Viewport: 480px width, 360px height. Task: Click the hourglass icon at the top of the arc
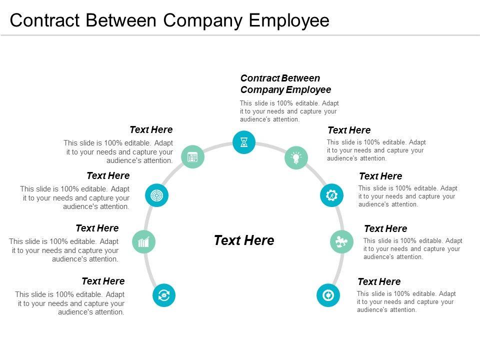[x=244, y=142]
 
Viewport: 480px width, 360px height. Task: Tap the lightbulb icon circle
[x=296, y=157]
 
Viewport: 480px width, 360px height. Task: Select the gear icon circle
[x=331, y=195]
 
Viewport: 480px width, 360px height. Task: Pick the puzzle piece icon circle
[x=342, y=242]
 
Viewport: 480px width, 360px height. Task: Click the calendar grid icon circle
[x=192, y=157]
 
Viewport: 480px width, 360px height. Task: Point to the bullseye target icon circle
[x=157, y=195]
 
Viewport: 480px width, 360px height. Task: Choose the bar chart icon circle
[x=144, y=242]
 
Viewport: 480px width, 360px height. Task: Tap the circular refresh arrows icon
[x=164, y=295]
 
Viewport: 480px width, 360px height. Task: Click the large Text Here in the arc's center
[x=244, y=240]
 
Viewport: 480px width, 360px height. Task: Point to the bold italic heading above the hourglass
[x=285, y=84]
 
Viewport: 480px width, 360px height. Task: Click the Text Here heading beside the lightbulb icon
[x=349, y=130]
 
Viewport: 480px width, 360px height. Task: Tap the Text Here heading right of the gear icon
[x=380, y=176]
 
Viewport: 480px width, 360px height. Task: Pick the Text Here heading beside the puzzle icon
[x=385, y=229]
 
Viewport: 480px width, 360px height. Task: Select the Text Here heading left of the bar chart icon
[x=97, y=228]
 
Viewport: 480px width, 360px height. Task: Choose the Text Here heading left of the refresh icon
[x=103, y=281]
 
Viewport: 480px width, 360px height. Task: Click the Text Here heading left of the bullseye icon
[x=108, y=176]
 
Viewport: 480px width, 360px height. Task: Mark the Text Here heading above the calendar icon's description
[x=151, y=130]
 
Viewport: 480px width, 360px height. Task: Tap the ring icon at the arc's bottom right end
[x=328, y=295]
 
